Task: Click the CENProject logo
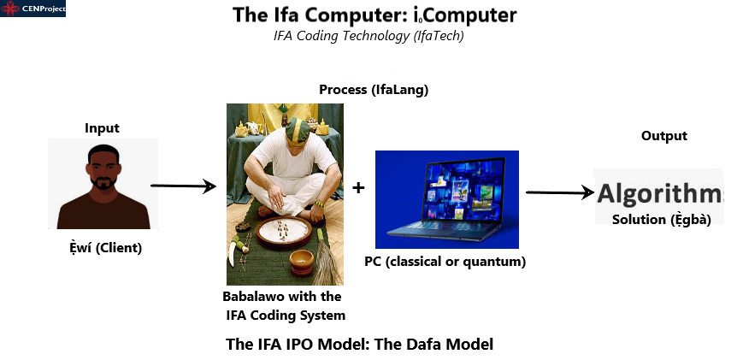click(x=32, y=9)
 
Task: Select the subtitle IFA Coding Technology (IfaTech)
click(x=368, y=36)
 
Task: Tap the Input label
click(x=102, y=127)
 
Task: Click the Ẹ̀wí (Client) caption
click(x=105, y=248)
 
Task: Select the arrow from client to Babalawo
click(x=183, y=186)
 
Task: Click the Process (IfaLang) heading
click(x=374, y=90)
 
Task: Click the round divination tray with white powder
click(x=283, y=233)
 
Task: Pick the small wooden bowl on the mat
click(x=301, y=262)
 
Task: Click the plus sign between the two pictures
click(x=358, y=187)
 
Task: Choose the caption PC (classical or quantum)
click(x=445, y=262)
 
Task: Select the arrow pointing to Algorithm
click(x=560, y=192)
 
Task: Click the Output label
click(x=664, y=136)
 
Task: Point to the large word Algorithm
click(x=660, y=193)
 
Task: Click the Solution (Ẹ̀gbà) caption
click(x=661, y=220)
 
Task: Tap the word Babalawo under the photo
click(x=253, y=297)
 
